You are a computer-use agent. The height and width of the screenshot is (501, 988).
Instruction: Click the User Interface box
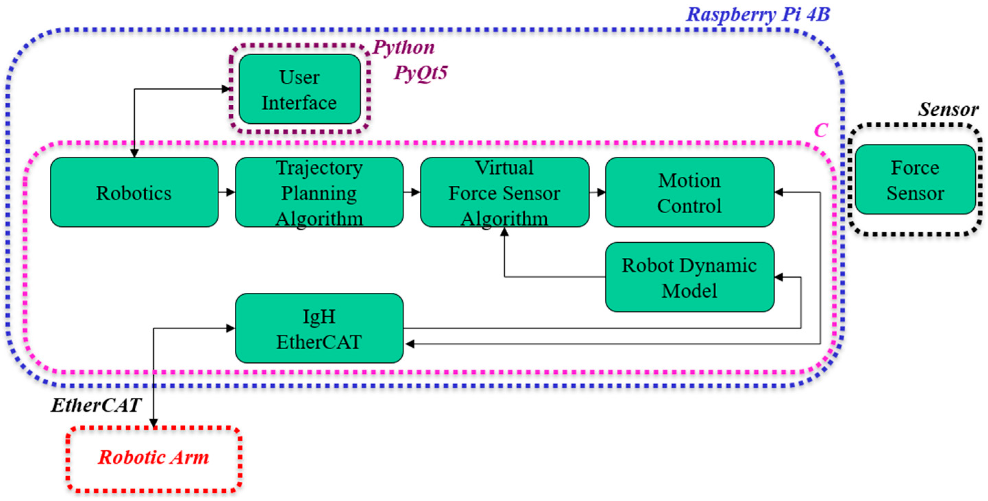[x=299, y=89]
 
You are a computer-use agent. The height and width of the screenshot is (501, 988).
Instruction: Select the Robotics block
[x=134, y=193]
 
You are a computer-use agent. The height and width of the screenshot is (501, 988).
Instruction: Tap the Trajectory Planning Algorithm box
[x=319, y=193]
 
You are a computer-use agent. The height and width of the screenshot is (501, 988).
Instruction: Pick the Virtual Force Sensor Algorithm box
[x=504, y=193]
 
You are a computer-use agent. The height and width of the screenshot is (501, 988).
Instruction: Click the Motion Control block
[x=689, y=193]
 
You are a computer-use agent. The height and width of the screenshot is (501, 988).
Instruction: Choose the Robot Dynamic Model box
[x=689, y=277]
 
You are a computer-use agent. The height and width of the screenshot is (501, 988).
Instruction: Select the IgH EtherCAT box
[x=319, y=328]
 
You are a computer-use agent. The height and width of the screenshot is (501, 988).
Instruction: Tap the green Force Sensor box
[x=915, y=180]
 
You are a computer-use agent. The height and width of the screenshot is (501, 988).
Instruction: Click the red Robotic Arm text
[x=154, y=457]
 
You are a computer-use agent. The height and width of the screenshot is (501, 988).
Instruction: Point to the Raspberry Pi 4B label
[x=758, y=15]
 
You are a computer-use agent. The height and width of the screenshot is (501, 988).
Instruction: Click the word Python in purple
[x=403, y=48]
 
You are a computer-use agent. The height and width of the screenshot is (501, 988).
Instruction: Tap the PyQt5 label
[x=420, y=72]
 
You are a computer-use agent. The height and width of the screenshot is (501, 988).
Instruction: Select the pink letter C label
[x=820, y=130]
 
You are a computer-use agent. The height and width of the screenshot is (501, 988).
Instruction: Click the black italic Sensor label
[x=948, y=109]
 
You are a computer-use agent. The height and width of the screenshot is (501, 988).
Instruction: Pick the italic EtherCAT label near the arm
[x=96, y=405]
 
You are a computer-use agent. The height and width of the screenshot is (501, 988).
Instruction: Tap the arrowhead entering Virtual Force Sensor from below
[x=504, y=232]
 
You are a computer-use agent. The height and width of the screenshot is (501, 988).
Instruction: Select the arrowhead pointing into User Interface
[x=226, y=89]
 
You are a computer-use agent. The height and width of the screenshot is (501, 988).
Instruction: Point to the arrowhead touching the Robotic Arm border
[x=154, y=423]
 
